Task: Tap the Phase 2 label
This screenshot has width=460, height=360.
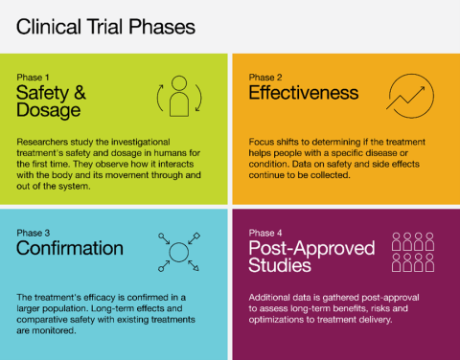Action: pos(265,76)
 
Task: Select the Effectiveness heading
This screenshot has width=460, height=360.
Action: pos(303,93)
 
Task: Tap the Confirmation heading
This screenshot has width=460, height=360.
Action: pos(70,248)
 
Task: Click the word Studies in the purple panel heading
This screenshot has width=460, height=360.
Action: pos(280,266)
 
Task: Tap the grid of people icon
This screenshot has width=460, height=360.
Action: pos(414,252)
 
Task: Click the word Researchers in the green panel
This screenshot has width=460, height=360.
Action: pos(43,140)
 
